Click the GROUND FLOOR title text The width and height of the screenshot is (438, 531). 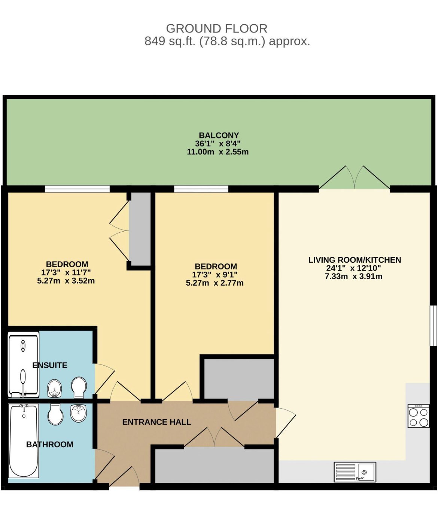click(x=216, y=28)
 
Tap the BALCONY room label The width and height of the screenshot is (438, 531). click(x=219, y=135)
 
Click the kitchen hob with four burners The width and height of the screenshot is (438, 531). click(x=419, y=416)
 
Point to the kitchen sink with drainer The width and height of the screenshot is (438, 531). click(x=355, y=472)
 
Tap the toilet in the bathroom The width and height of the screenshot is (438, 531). click(x=55, y=414)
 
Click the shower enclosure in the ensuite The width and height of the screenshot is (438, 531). click(x=23, y=365)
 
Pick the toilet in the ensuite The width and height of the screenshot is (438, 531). click(x=79, y=387)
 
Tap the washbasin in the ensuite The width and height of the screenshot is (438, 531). click(x=55, y=388)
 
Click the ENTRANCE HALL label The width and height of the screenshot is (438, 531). click(x=156, y=422)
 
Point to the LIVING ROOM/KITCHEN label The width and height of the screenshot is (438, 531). click(x=354, y=260)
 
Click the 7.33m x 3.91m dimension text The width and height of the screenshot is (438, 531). click(x=353, y=277)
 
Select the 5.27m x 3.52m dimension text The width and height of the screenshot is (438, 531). click(x=66, y=281)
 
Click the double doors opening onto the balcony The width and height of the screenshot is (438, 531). click(x=355, y=178)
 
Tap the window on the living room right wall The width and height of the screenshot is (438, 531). click(x=433, y=325)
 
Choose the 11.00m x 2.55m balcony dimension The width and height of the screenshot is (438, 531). click(x=218, y=152)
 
